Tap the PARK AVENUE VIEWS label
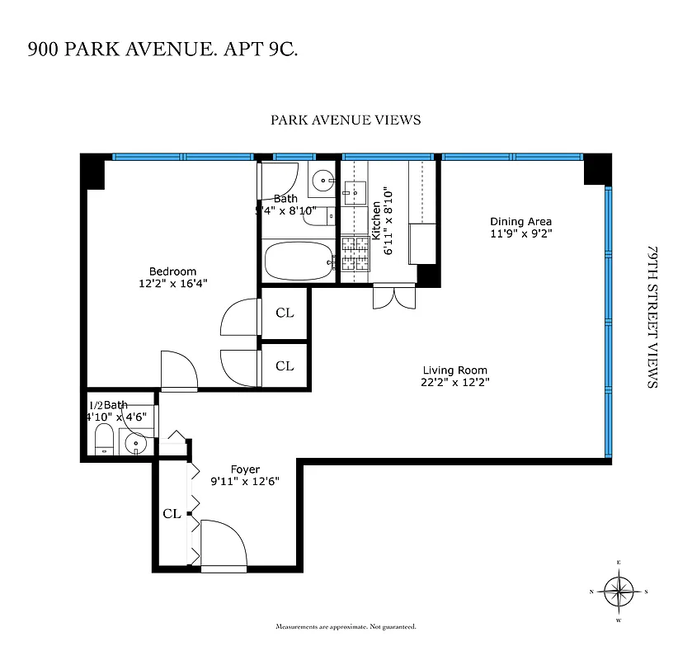(346, 120)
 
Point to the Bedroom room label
(172, 271)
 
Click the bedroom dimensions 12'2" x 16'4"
(172, 283)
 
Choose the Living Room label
(454, 370)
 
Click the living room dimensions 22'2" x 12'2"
(454, 382)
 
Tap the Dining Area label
(520, 221)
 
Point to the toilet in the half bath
(105, 440)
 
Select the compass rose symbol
(618, 591)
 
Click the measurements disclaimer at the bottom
(346, 627)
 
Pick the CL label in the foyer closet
(172, 514)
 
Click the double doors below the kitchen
(393, 296)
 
